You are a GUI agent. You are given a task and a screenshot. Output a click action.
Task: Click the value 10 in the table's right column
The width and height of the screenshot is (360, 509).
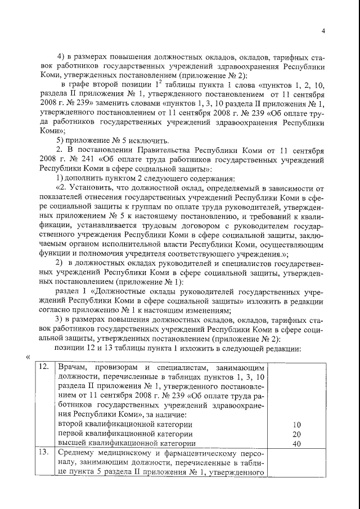298,424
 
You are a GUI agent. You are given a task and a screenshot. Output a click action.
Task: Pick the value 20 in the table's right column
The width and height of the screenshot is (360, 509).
298,434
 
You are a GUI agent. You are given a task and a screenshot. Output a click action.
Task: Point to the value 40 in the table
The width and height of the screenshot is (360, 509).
298,444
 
